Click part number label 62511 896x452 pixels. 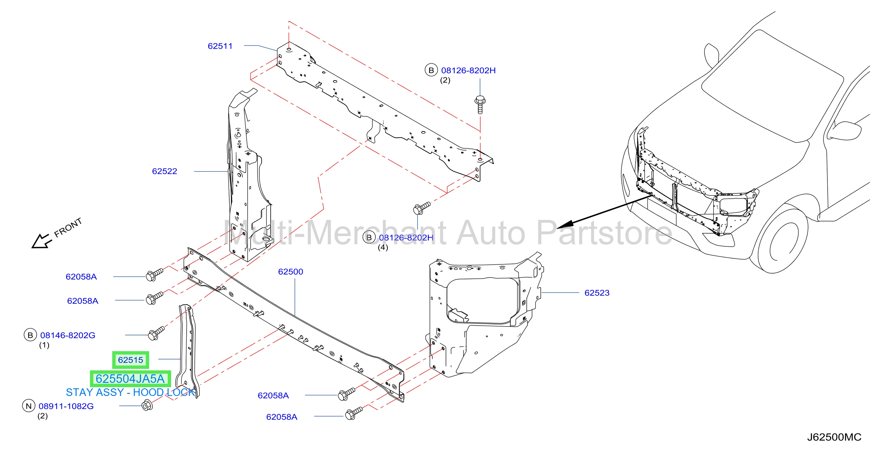tap(220, 46)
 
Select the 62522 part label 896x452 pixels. tap(164, 171)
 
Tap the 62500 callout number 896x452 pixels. tap(290, 271)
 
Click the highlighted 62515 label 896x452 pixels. tap(131, 360)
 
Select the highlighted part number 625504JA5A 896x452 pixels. tap(131, 379)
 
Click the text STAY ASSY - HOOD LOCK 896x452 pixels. tap(131, 392)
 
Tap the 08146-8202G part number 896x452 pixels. tap(68, 335)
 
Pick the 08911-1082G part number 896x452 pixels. tap(66, 406)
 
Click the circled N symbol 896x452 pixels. tap(29, 406)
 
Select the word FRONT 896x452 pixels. tap(68, 227)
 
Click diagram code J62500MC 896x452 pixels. tap(834, 437)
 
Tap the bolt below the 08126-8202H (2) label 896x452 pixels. tap(480, 104)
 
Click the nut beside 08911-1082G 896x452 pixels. tap(148, 405)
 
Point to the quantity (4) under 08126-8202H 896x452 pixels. tap(383, 247)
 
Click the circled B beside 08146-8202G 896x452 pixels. tap(30, 335)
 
